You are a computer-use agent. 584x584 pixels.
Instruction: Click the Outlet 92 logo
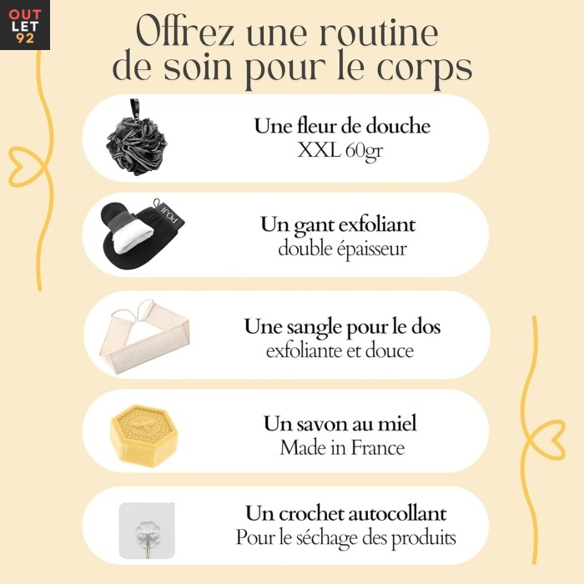tap(24, 24)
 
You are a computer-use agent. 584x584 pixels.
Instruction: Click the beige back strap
tap(144, 335)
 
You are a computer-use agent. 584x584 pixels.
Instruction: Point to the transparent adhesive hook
tap(147, 531)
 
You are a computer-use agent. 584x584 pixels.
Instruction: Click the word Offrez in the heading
tap(185, 32)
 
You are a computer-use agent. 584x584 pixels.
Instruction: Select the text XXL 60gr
tap(340, 151)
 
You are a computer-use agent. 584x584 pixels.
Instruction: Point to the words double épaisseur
tap(342, 249)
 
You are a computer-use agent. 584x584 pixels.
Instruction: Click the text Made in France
tap(342, 448)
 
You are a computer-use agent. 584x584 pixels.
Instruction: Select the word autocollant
tap(397, 514)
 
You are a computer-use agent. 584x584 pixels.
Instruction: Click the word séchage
tap(327, 539)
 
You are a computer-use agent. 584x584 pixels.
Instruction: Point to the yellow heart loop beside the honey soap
tap(546, 440)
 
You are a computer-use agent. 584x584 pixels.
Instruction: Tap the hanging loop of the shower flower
tap(134, 108)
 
